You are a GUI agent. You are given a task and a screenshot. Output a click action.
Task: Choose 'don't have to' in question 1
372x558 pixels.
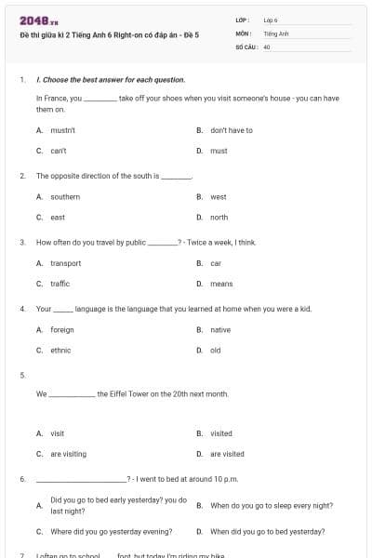tap(231, 130)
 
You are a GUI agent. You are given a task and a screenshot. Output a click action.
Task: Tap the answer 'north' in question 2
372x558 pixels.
tap(219, 217)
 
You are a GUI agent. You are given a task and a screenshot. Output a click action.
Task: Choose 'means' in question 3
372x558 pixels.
tap(221, 284)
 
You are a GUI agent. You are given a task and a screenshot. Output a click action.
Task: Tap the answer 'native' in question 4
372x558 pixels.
tap(220, 330)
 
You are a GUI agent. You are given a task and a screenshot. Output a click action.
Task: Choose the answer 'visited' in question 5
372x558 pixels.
tap(221, 433)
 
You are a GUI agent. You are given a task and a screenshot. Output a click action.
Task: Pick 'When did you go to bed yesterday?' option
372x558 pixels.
tap(267, 532)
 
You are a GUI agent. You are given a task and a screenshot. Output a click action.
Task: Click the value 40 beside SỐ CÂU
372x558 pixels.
tap(267, 46)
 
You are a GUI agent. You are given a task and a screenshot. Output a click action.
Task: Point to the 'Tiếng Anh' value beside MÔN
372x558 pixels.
tap(276, 33)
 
